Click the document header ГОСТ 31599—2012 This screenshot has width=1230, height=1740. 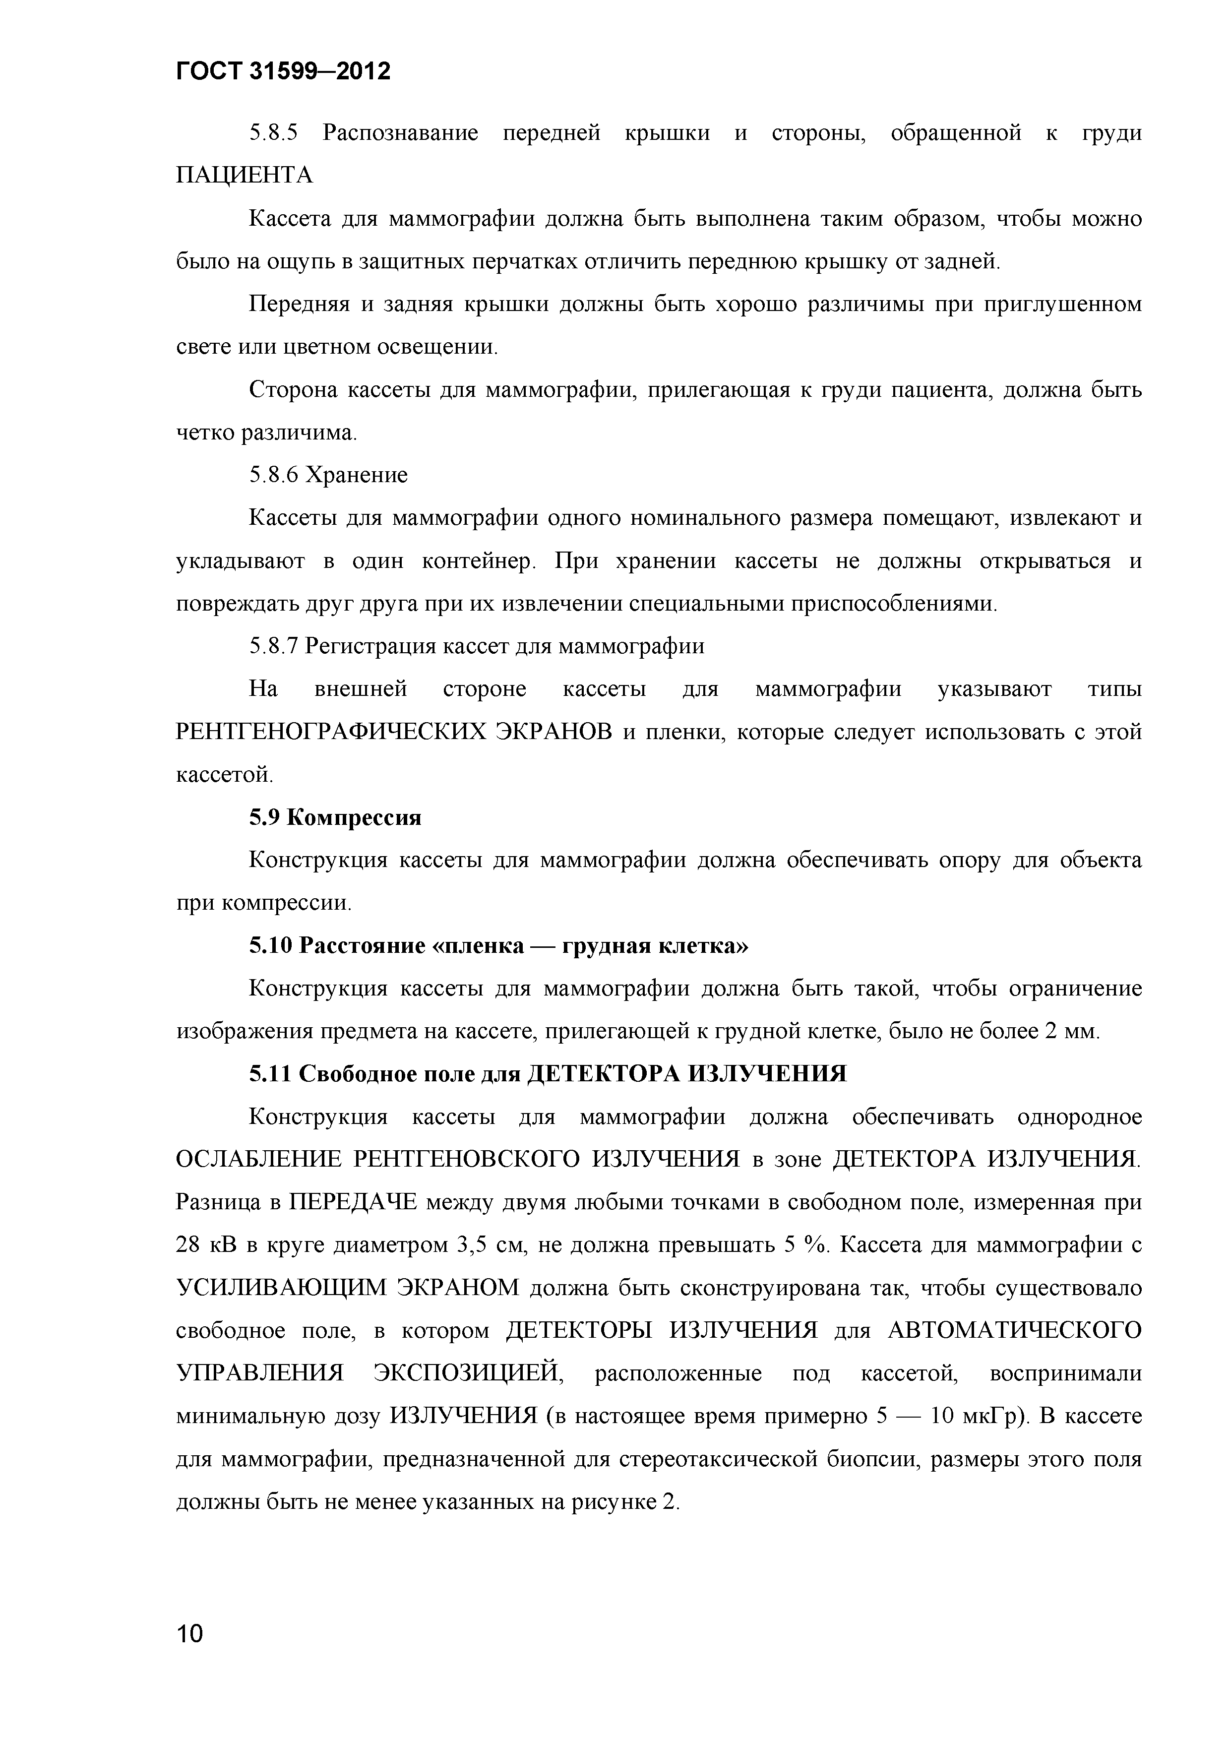tap(283, 71)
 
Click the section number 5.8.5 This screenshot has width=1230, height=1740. tap(274, 133)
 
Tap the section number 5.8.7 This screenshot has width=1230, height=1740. tap(274, 646)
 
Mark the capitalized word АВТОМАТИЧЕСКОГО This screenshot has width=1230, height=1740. tap(1014, 1331)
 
